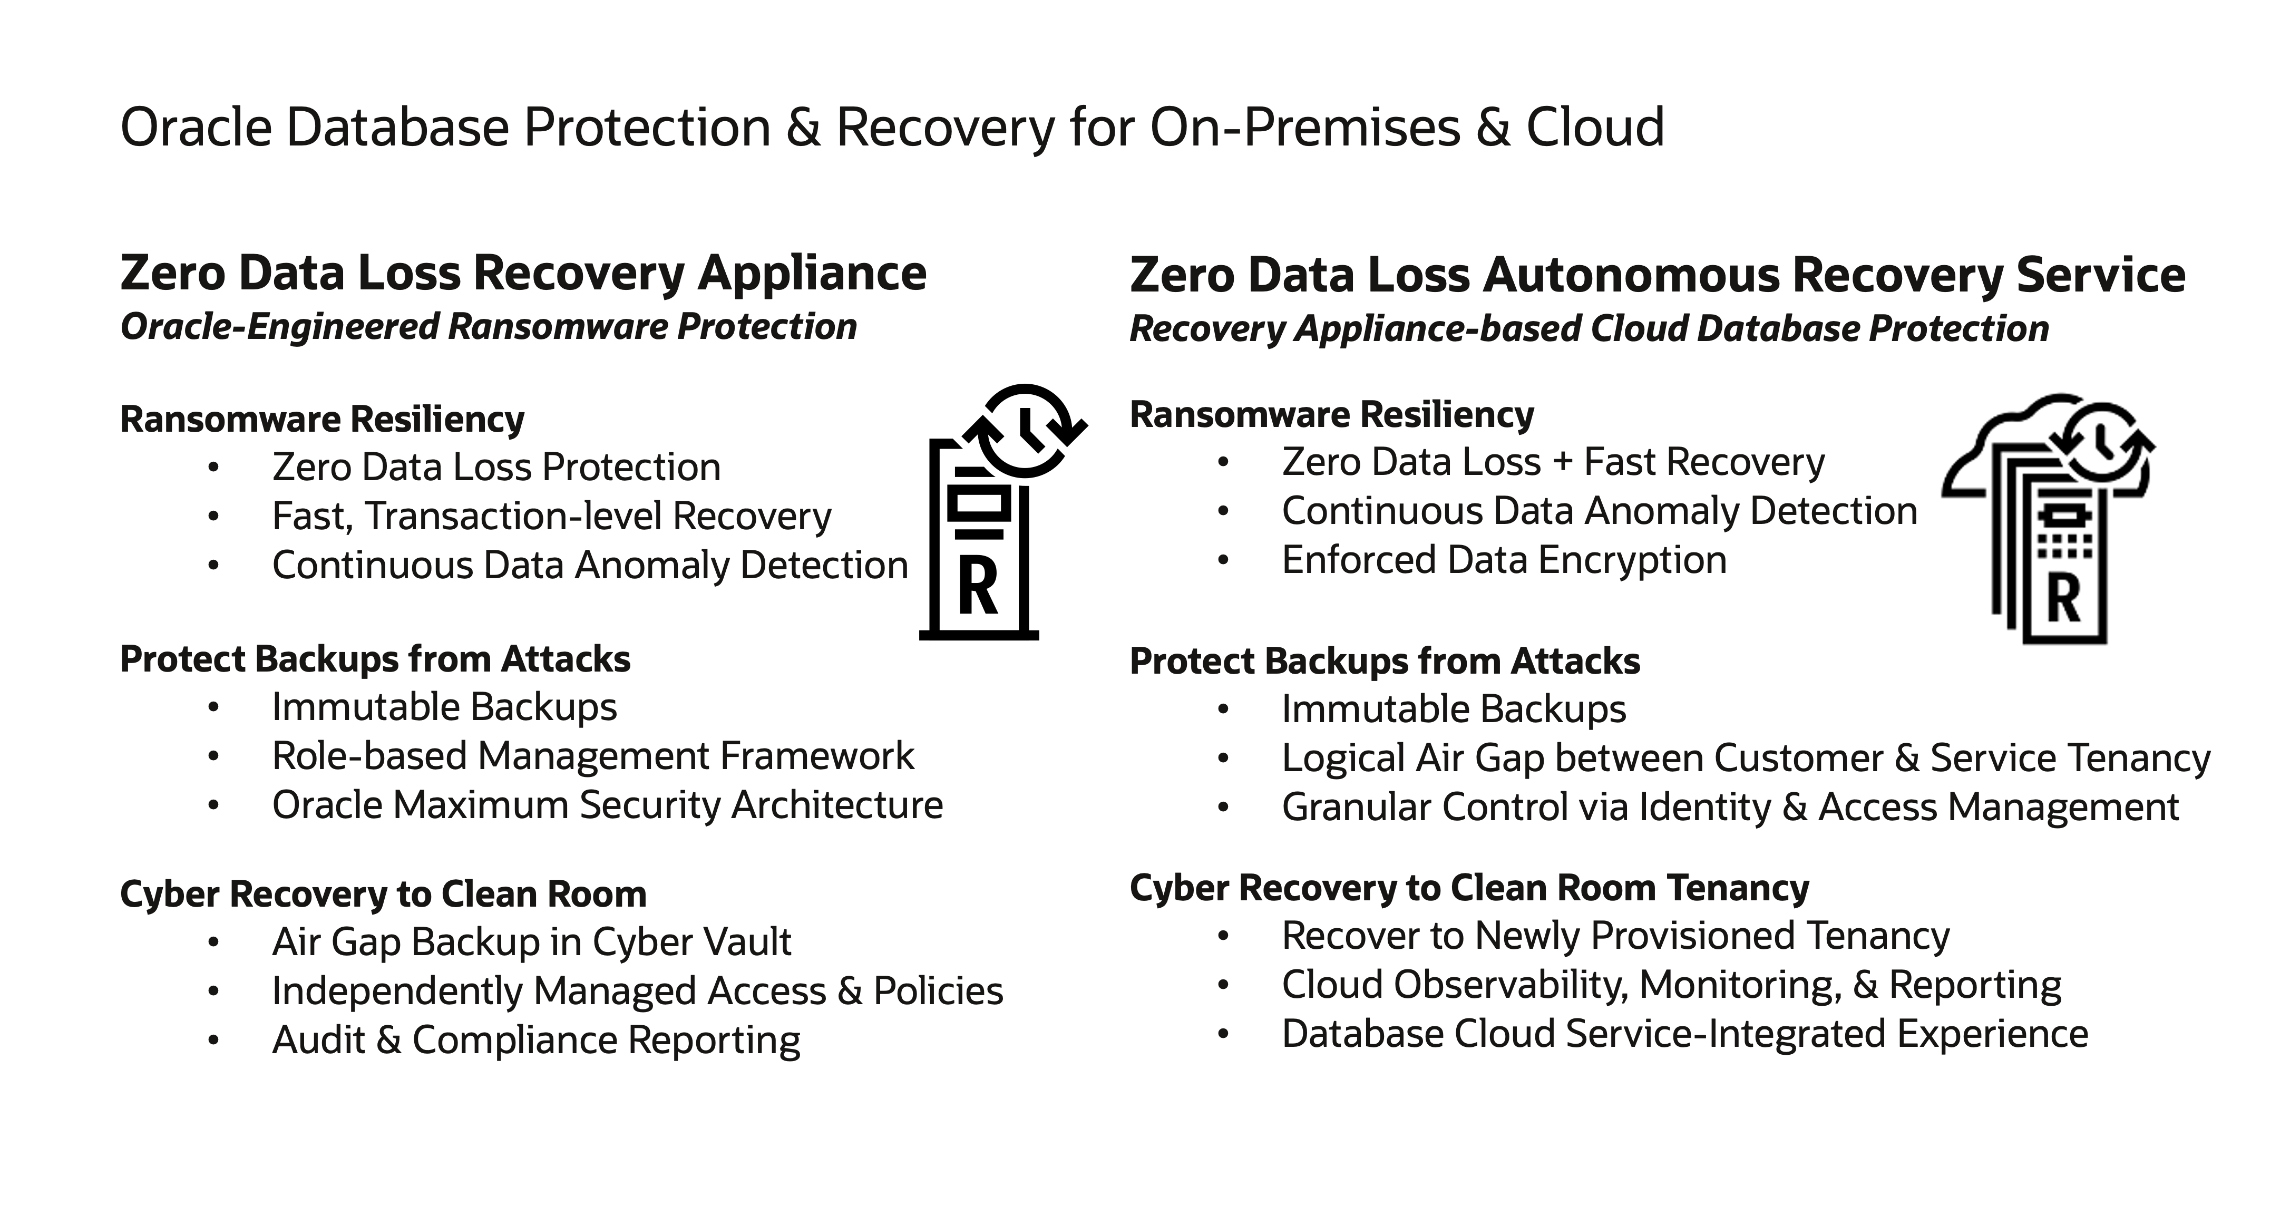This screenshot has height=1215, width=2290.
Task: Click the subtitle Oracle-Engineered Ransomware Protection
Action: click(488, 326)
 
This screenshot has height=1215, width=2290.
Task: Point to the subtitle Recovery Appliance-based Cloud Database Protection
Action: click(1589, 328)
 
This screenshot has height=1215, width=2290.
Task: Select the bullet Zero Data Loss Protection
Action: click(496, 466)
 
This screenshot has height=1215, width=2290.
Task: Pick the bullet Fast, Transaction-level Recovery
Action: click(551, 516)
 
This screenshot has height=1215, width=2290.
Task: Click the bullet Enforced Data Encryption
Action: click(1504, 560)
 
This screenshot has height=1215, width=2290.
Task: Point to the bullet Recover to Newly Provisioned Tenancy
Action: click(1615, 936)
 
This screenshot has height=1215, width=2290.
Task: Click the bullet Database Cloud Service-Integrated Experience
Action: click(1684, 1034)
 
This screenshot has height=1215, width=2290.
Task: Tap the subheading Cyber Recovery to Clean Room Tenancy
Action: click(1468, 888)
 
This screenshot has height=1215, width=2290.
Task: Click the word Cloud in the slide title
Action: click(1595, 127)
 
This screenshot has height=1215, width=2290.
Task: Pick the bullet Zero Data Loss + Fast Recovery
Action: click(1553, 462)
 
